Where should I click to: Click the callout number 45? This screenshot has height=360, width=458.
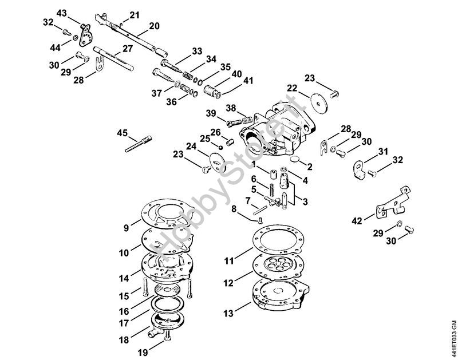[x=123, y=133]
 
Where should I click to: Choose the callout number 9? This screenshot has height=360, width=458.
[x=127, y=227]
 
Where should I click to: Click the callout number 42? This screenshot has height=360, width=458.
[x=356, y=220]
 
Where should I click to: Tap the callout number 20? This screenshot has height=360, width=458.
[x=154, y=25]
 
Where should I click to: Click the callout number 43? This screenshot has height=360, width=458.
[x=62, y=13]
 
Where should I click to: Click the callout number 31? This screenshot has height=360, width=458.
[x=383, y=151]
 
